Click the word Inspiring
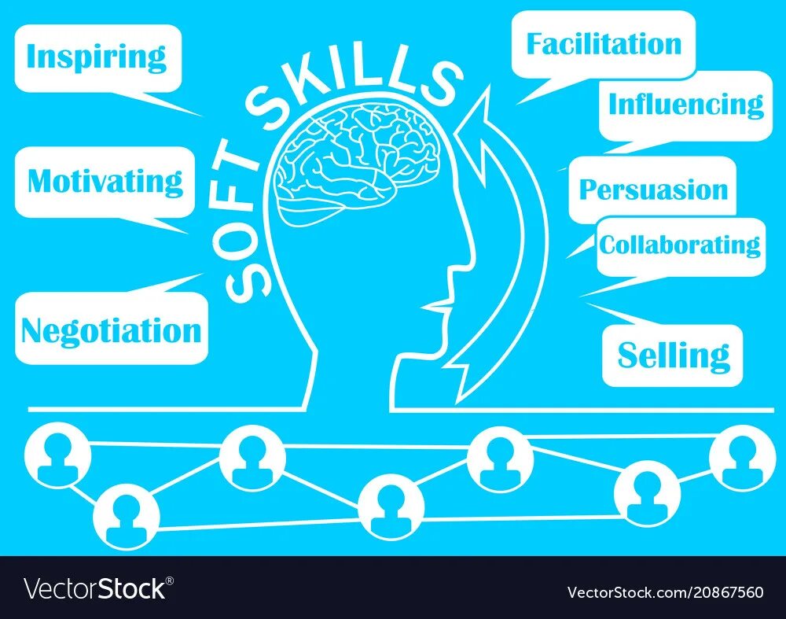pos(97,57)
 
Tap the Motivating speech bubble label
pos(105,182)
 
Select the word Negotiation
pos(111,330)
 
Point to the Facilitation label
pos(604,44)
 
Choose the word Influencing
pos(685,104)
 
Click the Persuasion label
pos(653,190)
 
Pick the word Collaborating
pos(680,245)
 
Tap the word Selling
pos(673,356)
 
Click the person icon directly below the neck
pos(391,503)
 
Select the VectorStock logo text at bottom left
pos(94,589)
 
